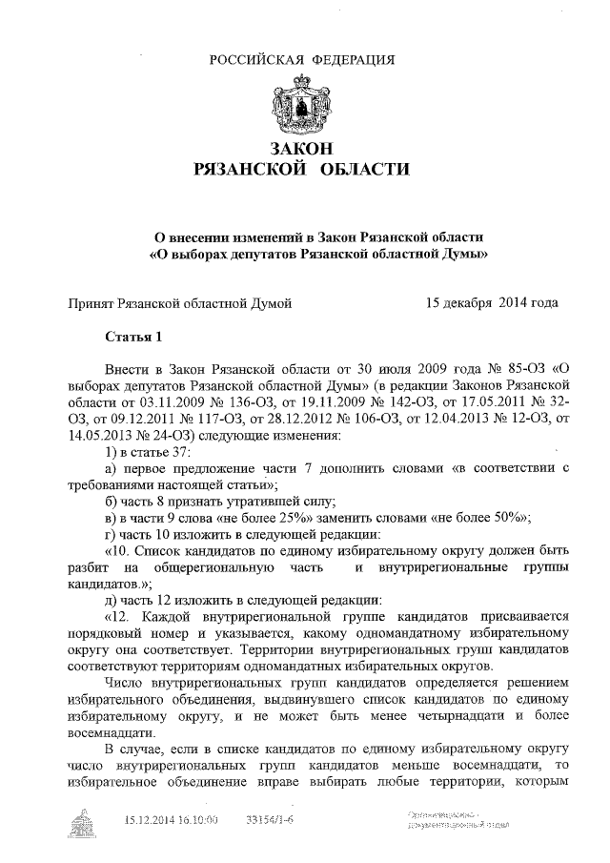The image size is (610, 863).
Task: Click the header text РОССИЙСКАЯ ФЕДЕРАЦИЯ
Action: pyautogui.click(x=302, y=60)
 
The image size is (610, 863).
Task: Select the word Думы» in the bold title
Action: pyautogui.click(x=472, y=255)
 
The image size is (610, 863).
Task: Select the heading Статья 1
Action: pyautogui.click(x=134, y=336)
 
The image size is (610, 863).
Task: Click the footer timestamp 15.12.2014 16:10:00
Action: pyautogui.click(x=172, y=819)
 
